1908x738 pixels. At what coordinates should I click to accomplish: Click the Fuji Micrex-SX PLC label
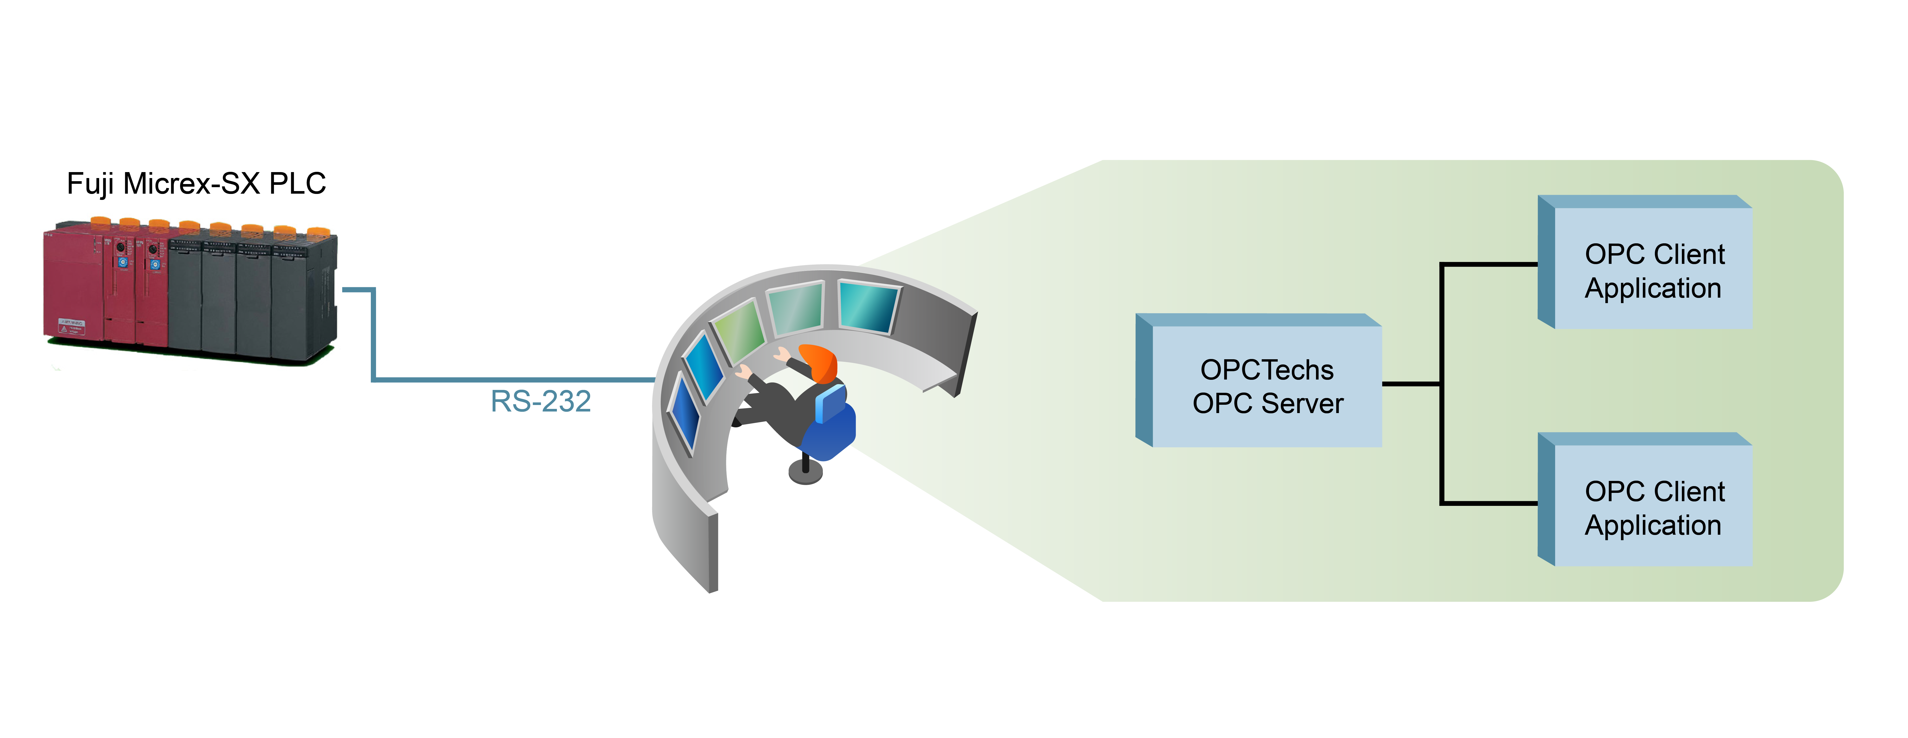point(196,184)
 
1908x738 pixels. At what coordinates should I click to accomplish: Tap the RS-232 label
point(541,401)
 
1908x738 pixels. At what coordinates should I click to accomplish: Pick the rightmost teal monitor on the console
point(868,306)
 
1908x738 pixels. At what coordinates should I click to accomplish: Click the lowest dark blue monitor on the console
point(685,413)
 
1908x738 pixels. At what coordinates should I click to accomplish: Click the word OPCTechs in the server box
point(1267,369)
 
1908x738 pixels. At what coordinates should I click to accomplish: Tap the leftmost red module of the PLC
point(74,285)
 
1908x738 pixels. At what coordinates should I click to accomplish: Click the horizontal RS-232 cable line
point(511,380)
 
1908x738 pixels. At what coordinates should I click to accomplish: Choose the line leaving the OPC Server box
point(1411,383)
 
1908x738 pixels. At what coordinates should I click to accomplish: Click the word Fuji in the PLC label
point(90,184)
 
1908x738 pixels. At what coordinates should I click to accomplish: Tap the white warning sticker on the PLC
point(72,326)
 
